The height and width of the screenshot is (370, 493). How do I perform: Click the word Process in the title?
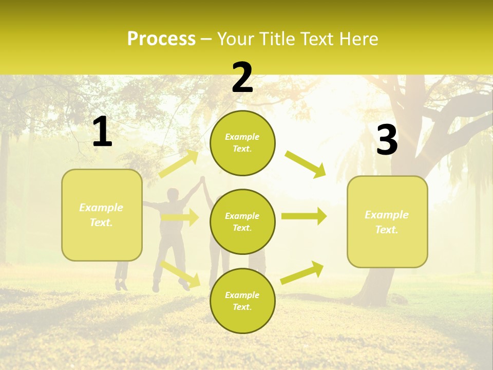161,39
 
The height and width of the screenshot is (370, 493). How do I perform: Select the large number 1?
102,132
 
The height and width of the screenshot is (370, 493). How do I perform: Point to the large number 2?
242,78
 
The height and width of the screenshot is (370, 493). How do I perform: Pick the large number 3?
387,140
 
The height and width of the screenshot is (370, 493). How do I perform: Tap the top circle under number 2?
242,143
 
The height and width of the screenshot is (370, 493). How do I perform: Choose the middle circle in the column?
242,221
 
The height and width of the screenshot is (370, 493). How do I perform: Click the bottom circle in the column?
242,301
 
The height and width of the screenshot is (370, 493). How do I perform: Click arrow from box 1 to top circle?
179,164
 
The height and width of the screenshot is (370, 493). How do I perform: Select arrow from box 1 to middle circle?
179,217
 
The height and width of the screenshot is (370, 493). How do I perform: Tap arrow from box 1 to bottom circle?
180,273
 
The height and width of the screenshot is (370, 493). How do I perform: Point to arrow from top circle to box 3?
305,164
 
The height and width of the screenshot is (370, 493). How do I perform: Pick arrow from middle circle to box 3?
304,216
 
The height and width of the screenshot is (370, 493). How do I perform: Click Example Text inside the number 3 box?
387,222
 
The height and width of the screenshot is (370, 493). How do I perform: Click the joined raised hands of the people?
202,180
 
